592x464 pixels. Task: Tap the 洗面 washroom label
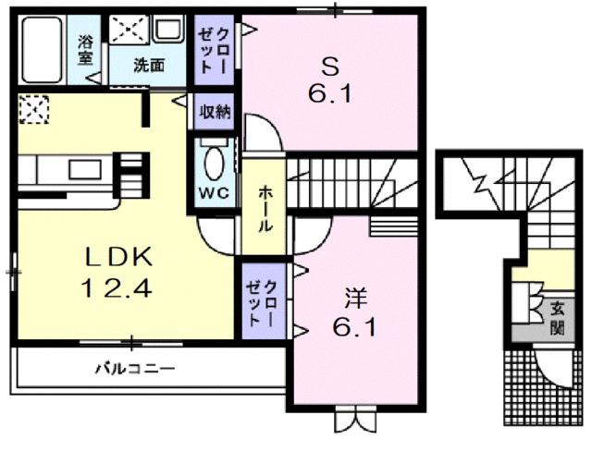[x=148, y=66]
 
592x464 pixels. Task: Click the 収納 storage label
[x=216, y=113]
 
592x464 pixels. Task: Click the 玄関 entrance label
[x=557, y=318]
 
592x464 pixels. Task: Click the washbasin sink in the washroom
[x=168, y=32]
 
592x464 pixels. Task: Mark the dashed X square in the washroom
[x=128, y=30]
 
